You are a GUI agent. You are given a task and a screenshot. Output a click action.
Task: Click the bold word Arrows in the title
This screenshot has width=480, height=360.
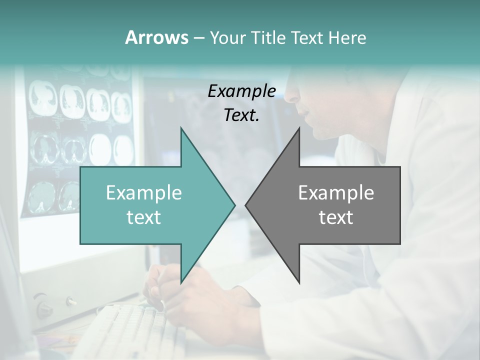click(156, 37)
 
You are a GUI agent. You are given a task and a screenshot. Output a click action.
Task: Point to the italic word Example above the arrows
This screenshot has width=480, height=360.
click(241, 91)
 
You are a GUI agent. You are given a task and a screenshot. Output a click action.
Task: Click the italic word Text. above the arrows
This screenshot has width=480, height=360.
click(241, 115)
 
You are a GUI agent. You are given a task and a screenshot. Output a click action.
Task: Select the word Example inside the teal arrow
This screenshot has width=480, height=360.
click(143, 193)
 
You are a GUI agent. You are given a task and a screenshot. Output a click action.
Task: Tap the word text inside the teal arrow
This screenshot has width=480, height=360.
click(143, 217)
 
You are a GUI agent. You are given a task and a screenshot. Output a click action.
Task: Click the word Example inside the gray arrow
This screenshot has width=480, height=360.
click(336, 193)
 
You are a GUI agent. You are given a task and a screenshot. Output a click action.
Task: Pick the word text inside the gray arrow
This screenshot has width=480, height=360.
click(336, 217)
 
